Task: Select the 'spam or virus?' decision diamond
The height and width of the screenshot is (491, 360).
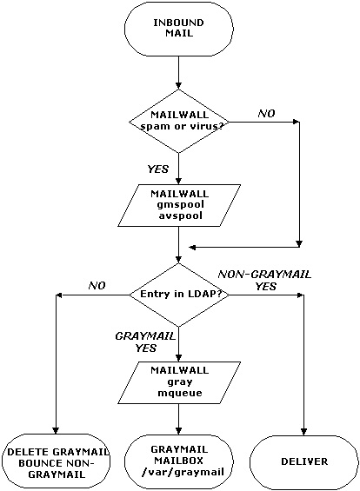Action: pos(179,122)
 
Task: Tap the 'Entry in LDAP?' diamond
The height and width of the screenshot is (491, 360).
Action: pos(179,295)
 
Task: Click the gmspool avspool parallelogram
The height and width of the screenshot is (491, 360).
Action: pos(179,205)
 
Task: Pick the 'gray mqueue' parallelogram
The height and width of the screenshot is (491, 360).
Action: pos(179,382)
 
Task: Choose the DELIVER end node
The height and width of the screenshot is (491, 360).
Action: pos(304,461)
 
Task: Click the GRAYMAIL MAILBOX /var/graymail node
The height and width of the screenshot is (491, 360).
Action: pos(179,461)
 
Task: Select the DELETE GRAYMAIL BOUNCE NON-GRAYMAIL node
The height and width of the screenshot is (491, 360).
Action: pos(56,461)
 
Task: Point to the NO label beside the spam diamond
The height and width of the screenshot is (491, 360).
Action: pos(266,113)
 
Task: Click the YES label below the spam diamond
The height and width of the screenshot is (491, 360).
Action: pos(158,169)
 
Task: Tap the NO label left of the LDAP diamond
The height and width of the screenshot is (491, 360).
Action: pos(97,286)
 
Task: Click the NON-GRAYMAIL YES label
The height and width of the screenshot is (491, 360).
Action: pos(264,280)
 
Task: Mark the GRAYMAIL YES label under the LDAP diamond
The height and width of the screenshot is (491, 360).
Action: pos(146,342)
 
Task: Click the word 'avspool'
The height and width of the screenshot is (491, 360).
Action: pos(180,216)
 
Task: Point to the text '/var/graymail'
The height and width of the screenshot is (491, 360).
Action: pos(183,472)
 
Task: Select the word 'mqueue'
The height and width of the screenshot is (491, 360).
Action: pos(180,393)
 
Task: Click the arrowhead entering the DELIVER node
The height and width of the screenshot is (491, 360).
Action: pos(304,431)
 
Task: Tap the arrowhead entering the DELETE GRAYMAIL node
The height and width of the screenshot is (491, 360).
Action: pos(56,430)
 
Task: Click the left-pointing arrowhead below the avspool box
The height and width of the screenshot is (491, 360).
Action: pos(193,248)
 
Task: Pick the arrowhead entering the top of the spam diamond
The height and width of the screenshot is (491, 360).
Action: pos(178,86)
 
